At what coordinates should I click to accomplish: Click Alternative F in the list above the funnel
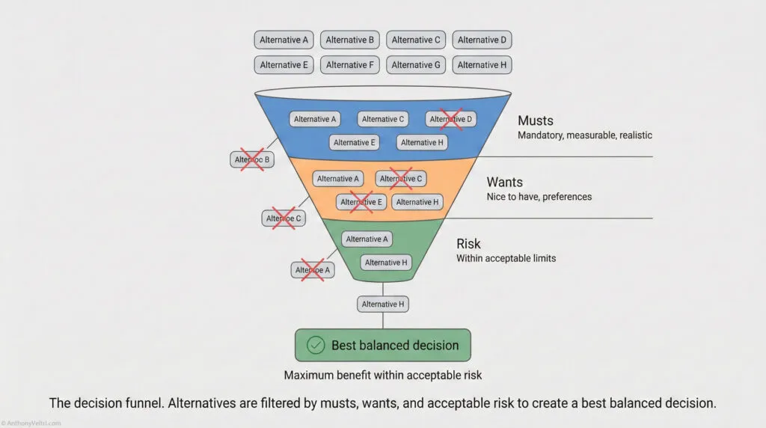click(x=349, y=65)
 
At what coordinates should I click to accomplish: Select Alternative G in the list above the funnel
click(x=416, y=65)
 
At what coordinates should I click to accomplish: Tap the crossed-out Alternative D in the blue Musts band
click(x=451, y=119)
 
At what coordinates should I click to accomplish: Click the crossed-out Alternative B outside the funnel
click(x=252, y=159)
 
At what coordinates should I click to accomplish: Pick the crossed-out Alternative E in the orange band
click(x=361, y=202)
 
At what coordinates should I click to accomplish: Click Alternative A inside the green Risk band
click(x=367, y=239)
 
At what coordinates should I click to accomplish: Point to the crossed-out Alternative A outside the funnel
click(x=313, y=270)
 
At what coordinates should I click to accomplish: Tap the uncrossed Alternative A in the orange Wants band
click(x=339, y=179)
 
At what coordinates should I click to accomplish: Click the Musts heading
click(x=536, y=120)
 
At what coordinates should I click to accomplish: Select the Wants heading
click(x=505, y=182)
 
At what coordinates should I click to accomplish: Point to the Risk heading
click(x=468, y=244)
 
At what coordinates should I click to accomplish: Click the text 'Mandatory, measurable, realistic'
click(x=585, y=135)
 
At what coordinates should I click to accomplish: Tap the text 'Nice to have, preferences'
click(x=539, y=197)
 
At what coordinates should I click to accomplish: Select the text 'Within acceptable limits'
click(x=506, y=258)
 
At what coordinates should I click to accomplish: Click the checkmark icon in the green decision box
click(x=316, y=345)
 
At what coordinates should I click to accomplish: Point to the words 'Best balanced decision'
click(x=395, y=345)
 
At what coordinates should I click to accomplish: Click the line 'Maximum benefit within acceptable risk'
click(x=382, y=375)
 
